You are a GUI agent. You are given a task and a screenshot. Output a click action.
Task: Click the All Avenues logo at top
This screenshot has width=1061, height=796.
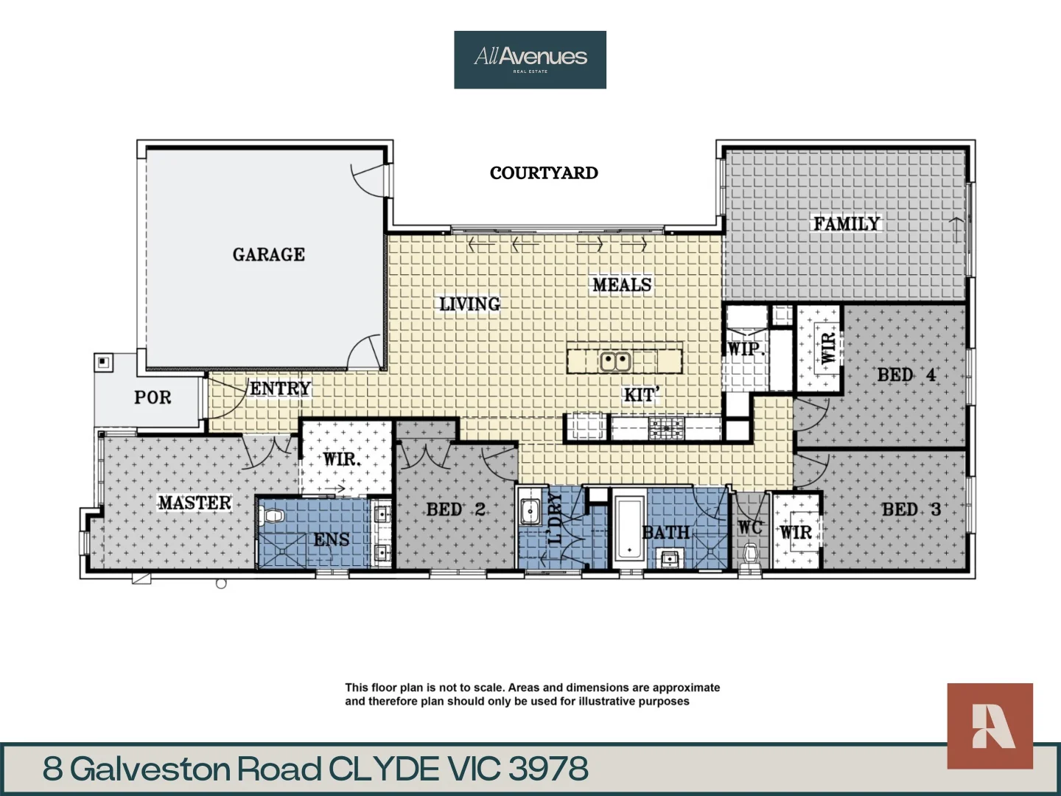(x=530, y=59)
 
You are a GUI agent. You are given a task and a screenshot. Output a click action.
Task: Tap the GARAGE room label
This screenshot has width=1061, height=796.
(x=268, y=254)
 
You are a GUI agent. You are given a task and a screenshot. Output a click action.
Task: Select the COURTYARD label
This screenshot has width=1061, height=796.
(x=544, y=173)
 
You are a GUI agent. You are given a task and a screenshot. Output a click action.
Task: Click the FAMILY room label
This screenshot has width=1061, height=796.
(x=846, y=223)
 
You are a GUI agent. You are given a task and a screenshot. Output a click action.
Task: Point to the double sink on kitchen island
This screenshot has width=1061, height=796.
(x=614, y=361)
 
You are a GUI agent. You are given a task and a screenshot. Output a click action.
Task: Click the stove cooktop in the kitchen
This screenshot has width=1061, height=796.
(x=666, y=427)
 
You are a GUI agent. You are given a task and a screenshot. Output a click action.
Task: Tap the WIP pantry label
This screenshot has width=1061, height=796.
(x=744, y=349)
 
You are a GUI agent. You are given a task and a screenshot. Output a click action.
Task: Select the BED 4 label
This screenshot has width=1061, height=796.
(x=906, y=375)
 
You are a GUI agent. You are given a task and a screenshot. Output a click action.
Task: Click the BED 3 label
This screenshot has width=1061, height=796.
(x=911, y=509)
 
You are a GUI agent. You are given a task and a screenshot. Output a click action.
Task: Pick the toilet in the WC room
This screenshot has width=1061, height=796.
(x=751, y=553)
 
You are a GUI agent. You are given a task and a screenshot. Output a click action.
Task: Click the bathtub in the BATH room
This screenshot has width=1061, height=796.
(x=628, y=528)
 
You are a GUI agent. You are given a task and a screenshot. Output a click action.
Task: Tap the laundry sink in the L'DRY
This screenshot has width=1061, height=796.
(x=530, y=511)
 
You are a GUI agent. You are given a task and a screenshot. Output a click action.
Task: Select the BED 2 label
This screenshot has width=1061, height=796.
(x=455, y=509)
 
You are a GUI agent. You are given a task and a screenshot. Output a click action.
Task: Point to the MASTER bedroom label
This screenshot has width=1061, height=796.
(x=195, y=503)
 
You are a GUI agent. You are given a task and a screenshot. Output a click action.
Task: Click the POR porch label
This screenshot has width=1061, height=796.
(x=153, y=397)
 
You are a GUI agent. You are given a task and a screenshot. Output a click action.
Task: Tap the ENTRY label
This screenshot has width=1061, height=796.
(x=280, y=388)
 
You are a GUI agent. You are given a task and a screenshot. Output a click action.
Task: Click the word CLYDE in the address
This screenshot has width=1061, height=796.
(x=384, y=769)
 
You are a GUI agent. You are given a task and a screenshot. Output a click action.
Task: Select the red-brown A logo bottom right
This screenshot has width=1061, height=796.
(x=990, y=726)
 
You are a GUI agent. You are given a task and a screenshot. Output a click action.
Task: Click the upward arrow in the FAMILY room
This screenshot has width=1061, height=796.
(x=956, y=229)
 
